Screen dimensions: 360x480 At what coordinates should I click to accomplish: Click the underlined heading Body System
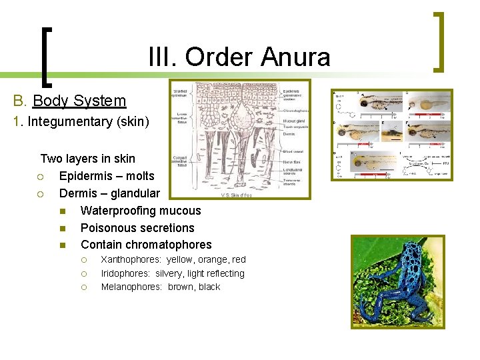coord(79,101)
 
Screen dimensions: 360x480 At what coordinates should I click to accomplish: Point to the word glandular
coord(135,193)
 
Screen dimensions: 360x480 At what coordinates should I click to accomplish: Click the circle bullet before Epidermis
coord(41,177)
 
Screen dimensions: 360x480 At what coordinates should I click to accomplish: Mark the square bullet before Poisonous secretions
coord(62,228)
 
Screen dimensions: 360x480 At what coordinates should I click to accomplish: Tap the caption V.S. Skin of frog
coord(237,195)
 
